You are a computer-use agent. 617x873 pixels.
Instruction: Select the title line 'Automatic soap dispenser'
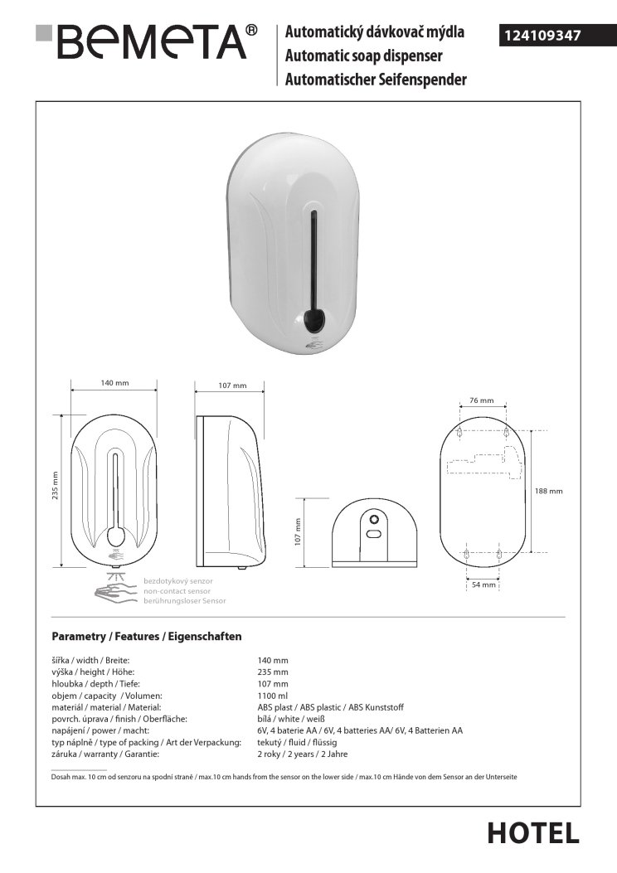[363, 56]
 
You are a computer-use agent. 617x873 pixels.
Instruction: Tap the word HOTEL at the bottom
[532, 832]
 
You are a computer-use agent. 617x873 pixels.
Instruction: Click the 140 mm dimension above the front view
[114, 383]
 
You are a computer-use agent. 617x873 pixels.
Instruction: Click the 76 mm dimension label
[481, 400]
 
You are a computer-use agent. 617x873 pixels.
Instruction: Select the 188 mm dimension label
[549, 491]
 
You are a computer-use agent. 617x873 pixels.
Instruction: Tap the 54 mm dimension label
[483, 584]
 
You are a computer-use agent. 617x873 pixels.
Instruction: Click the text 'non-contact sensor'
[178, 590]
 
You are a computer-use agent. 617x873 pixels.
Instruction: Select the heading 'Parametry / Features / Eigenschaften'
[147, 637]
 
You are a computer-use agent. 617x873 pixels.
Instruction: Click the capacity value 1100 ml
[274, 696]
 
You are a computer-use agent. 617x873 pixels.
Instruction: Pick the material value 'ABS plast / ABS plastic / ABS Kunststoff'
[330, 707]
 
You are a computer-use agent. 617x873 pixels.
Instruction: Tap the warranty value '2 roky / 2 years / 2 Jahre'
[303, 754]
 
